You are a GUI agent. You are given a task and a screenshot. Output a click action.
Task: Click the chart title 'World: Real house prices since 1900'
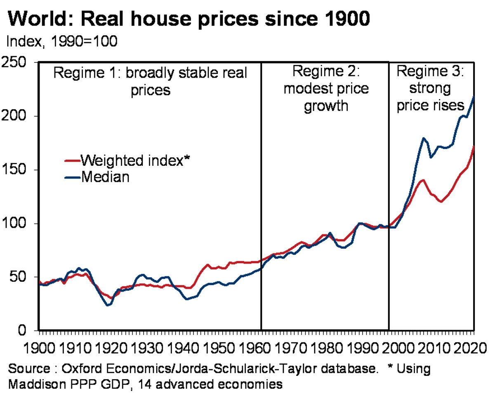click(188, 19)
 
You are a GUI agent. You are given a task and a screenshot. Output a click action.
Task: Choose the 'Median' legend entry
click(105, 177)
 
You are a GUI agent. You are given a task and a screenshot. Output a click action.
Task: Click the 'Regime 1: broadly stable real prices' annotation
click(151, 81)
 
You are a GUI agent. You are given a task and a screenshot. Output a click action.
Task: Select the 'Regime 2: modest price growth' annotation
click(326, 89)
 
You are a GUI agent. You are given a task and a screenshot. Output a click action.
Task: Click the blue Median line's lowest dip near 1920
click(108, 305)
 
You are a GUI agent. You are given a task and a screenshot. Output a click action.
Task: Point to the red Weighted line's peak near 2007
click(423, 180)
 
